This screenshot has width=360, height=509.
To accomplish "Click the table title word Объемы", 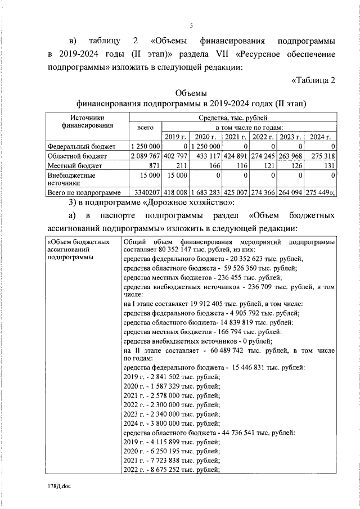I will [x=191, y=93].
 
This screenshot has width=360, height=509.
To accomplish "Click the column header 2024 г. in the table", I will [x=321, y=137].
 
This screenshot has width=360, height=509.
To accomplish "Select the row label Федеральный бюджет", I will [x=81, y=146].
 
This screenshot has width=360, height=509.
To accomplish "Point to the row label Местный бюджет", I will [x=74, y=166].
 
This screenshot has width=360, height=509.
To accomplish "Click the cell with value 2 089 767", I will [x=146, y=156].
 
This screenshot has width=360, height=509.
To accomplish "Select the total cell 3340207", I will [x=146, y=192].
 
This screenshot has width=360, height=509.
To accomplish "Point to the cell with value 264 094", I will [x=291, y=192].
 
